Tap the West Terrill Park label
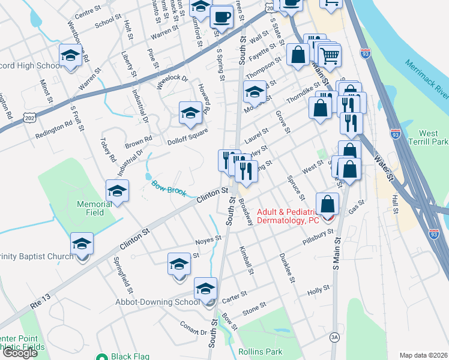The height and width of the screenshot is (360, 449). point(433,137)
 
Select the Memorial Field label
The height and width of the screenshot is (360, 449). point(94,208)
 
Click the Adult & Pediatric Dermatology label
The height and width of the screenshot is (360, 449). point(288,216)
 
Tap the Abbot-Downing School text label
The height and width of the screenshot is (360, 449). point(157,302)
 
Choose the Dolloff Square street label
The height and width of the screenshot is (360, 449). point(187,134)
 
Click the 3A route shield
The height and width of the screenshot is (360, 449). point(334,338)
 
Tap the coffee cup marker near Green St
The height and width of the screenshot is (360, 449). point(221,14)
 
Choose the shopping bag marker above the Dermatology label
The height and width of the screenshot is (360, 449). point(327,203)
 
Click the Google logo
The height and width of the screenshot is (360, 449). point(20,353)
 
